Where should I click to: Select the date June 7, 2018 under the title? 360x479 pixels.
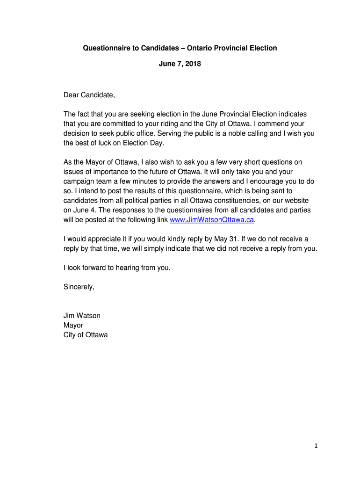click(180, 63)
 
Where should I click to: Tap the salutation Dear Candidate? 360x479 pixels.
click(89, 95)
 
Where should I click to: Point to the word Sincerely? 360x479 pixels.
click(79, 287)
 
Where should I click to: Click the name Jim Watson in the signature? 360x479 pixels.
click(82, 316)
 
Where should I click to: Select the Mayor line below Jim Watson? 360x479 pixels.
click(73, 325)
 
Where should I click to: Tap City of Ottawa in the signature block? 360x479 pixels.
click(86, 335)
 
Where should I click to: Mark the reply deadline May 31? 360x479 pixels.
click(224, 239)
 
